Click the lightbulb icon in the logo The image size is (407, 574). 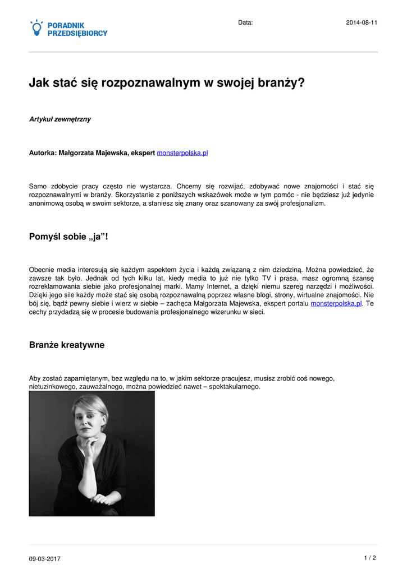37,28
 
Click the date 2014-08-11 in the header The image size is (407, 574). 361,22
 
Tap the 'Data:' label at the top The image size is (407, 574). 245,22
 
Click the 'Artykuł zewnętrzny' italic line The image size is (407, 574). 60,119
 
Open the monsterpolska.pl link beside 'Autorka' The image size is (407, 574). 182,152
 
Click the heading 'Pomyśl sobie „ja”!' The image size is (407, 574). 68,237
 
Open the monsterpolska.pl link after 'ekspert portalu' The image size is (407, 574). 336,303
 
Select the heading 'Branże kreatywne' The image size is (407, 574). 66,345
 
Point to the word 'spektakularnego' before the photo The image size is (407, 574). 234,387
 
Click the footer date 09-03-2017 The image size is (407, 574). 45,559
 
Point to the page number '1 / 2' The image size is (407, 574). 369,558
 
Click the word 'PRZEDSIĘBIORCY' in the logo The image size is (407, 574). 77,34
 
